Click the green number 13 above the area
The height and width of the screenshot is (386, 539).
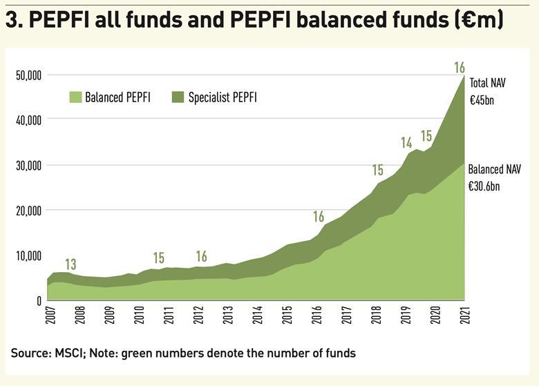pos(70,264)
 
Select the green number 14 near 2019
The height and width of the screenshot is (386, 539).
pos(406,143)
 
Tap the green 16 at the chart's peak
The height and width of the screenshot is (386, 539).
pos(460,68)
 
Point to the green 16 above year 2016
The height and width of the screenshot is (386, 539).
pos(318,217)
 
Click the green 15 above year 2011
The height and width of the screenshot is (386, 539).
pos(159,258)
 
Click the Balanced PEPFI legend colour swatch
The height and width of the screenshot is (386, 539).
pos(75,97)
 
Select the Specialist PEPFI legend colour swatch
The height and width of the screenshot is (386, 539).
pos(178,97)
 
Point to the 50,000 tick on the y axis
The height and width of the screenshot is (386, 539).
pos(29,75)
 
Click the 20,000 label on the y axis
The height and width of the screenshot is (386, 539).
pos(29,211)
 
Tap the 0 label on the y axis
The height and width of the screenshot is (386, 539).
pos(39,301)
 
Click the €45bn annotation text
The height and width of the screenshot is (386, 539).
pos(482,100)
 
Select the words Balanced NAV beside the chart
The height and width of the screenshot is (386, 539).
pos(494,169)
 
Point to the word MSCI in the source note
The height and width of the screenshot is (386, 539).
pos(63,354)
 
